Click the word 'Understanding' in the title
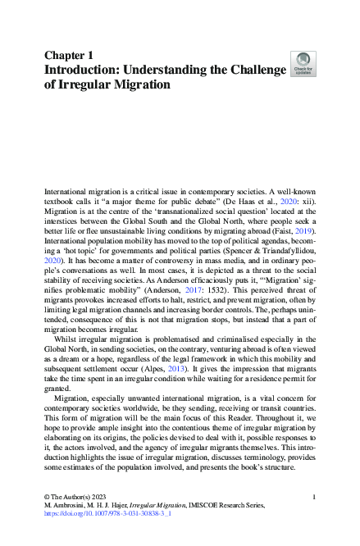click(x=167, y=70)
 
